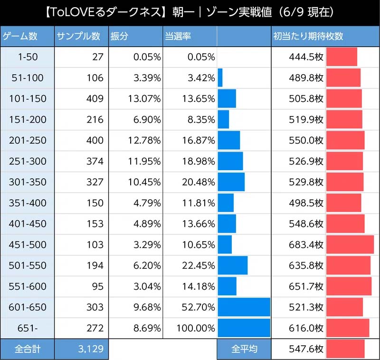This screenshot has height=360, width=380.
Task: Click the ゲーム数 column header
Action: point(20,36)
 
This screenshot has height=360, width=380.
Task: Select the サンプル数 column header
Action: point(78,36)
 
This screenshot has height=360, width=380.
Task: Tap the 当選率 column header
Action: point(178,36)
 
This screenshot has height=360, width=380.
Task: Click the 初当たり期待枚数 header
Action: point(308,36)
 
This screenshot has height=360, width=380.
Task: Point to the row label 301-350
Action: point(28,182)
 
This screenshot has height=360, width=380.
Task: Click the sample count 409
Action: point(95,98)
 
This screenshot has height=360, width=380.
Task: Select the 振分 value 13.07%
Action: point(144,98)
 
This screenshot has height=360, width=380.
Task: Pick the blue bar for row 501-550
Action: point(233,265)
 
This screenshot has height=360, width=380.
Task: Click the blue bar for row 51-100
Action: point(220,78)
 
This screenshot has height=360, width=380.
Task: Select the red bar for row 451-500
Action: point(350,244)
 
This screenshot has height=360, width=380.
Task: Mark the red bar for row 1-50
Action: point(342,57)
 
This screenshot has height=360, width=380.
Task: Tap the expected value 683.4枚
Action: point(306,244)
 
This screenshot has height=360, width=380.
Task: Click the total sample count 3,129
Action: point(90,349)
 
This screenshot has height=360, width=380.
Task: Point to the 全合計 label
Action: point(28,349)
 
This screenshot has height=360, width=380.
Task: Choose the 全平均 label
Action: point(244,349)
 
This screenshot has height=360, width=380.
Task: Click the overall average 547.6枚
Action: point(306,349)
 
